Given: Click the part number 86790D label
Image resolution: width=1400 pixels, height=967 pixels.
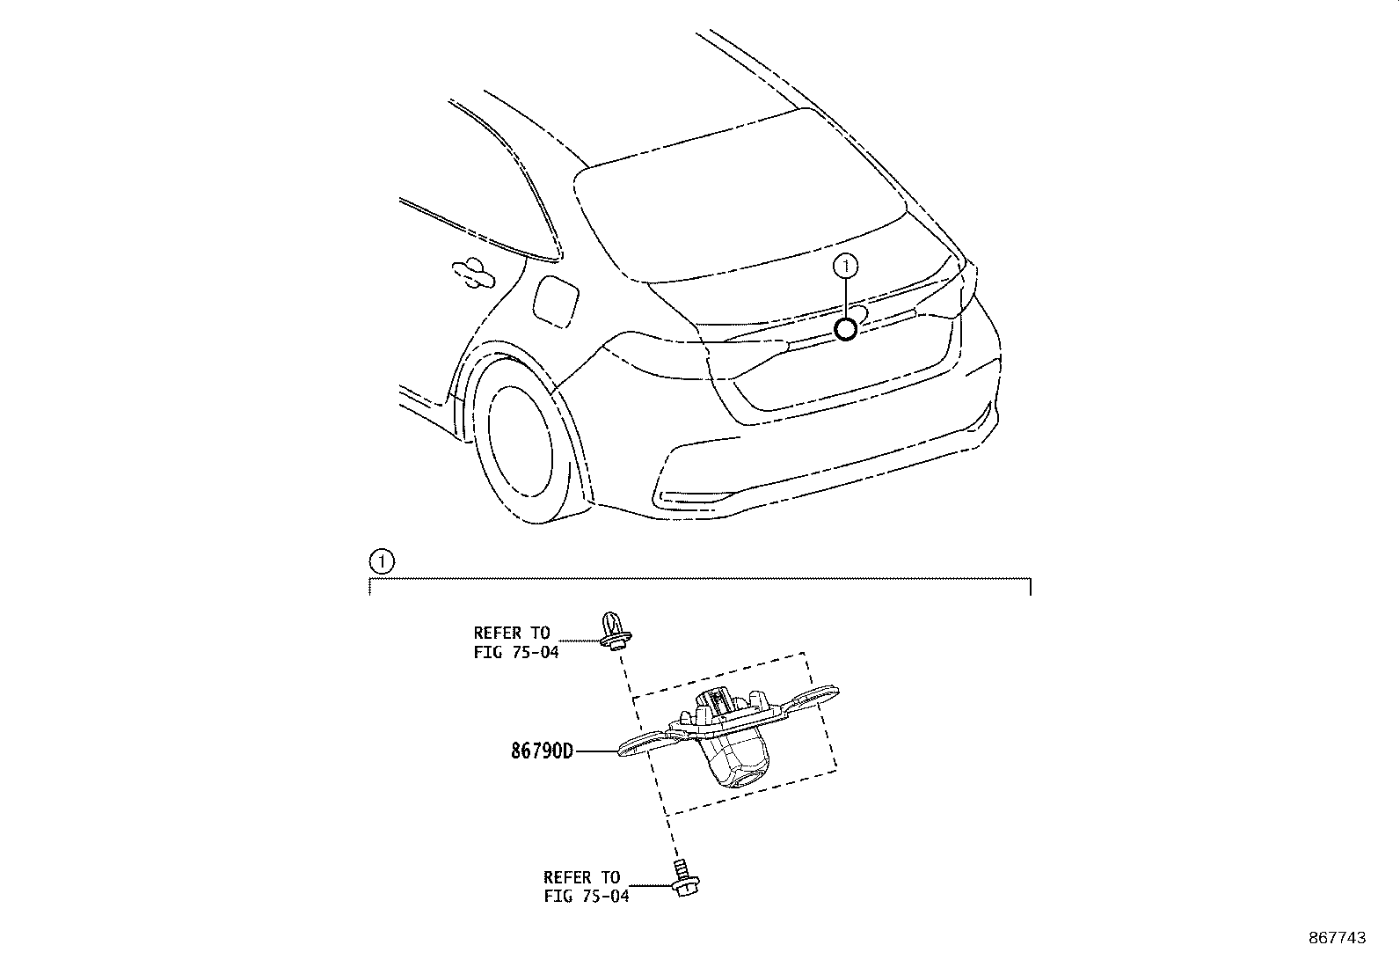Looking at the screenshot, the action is (x=542, y=751).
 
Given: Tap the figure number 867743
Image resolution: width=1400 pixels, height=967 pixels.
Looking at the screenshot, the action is (x=1338, y=938).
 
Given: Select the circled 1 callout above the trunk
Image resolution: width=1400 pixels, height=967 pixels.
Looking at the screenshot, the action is (x=846, y=267).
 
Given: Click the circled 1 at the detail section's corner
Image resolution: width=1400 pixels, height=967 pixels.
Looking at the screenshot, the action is (x=382, y=561).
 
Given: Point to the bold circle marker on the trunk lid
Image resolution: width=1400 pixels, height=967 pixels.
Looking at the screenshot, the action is (x=846, y=329).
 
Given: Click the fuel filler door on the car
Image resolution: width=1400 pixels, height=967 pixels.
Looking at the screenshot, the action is (x=555, y=302).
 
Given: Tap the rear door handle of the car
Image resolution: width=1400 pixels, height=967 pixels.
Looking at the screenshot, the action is (x=473, y=274).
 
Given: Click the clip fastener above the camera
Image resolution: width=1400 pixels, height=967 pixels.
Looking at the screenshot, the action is (x=615, y=631).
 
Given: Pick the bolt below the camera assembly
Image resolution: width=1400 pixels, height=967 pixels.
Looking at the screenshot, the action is (x=685, y=878).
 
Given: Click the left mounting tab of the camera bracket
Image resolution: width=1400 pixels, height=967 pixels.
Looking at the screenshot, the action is (x=647, y=744).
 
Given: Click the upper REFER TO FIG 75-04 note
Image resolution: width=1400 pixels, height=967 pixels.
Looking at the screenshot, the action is (x=515, y=642).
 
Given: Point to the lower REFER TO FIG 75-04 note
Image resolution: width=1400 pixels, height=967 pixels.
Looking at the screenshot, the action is (x=587, y=887).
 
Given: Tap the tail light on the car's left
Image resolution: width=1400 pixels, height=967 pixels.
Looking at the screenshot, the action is (x=694, y=355).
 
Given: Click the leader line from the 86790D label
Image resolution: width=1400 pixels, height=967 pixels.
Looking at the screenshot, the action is (x=596, y=751).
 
